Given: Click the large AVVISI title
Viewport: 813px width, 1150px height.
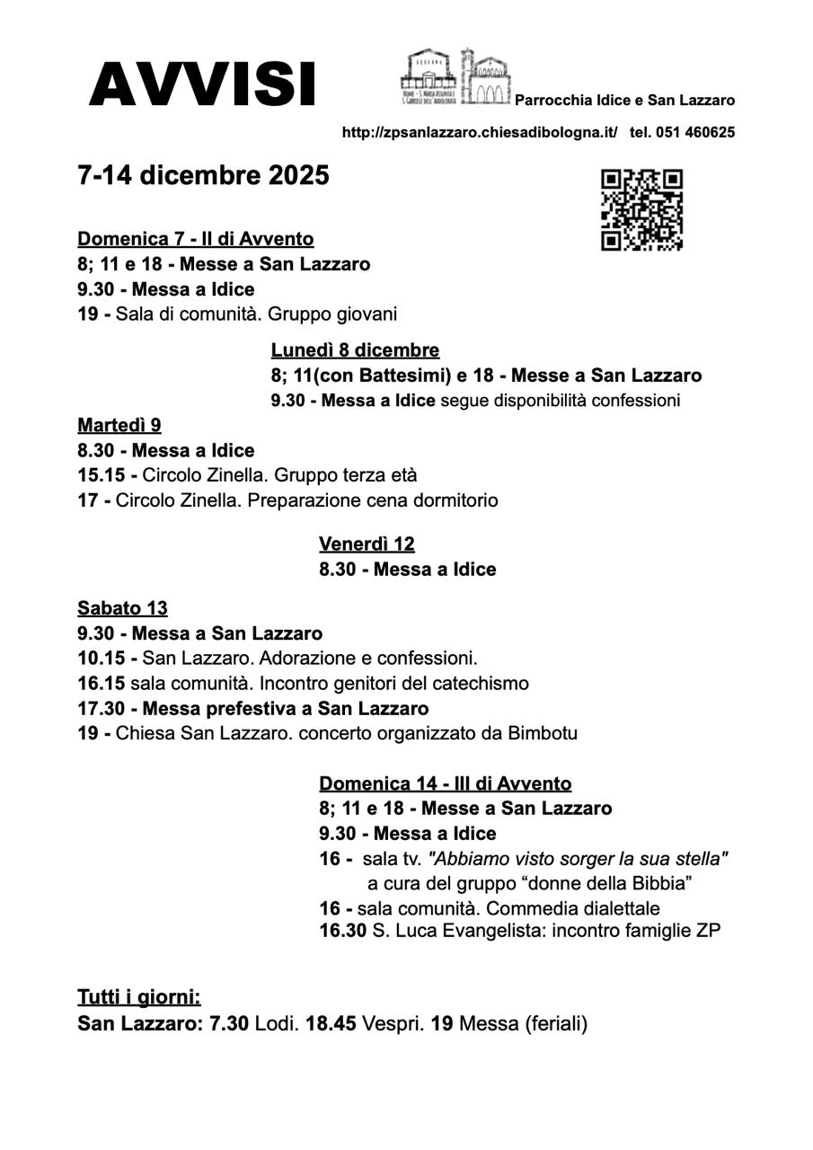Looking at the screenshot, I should pos(202,85).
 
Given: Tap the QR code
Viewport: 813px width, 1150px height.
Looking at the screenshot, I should pos(641,209).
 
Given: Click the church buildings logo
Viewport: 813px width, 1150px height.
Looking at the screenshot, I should pos(455,77).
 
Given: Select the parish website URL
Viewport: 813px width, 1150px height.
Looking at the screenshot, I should pos(480,132).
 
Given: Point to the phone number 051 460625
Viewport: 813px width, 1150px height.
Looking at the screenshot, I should pos(695,132).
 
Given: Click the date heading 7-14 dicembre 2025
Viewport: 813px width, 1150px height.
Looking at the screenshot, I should pos(203,175).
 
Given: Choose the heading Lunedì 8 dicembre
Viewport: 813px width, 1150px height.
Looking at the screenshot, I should pos(355,350).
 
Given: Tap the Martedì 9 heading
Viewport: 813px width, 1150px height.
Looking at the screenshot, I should pos(119,425).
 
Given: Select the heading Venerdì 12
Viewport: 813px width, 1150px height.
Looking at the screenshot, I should pos(367,544).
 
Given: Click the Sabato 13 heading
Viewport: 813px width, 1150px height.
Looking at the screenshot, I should pos(122,608).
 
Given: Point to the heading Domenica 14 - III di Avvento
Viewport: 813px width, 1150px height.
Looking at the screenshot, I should pos(445,783).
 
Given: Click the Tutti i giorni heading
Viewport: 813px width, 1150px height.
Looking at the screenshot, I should pos(139,997).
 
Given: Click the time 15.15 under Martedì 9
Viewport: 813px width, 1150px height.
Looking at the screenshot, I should pos(102,475).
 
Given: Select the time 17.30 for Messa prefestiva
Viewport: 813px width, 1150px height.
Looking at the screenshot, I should pos(102,708).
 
